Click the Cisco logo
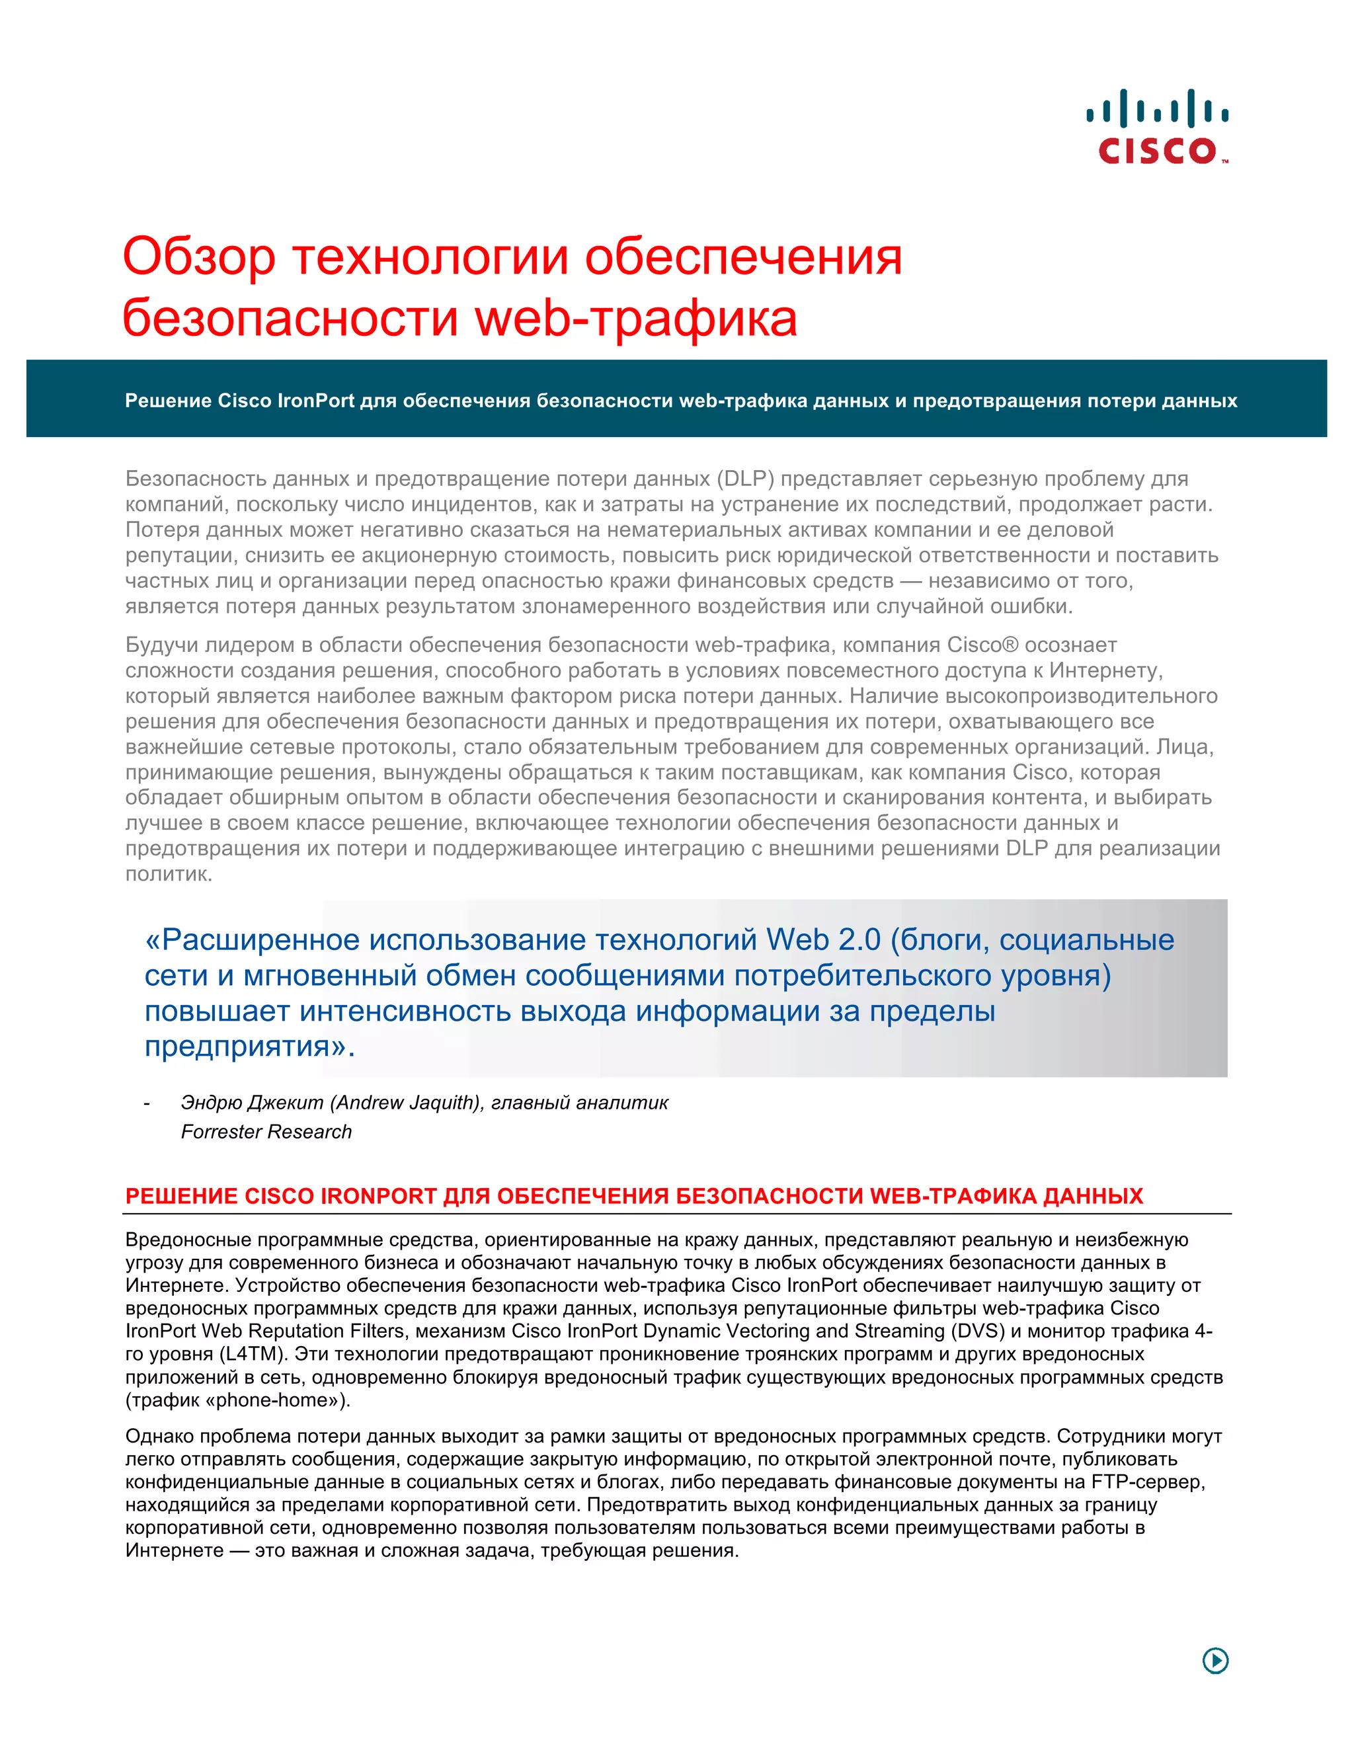[x=1157, y=127]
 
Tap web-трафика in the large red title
[x=636, y=317]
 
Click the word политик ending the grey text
[x=169, y=875]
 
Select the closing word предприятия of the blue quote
[x=249, y=1046]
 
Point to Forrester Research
[x=266, y=1132]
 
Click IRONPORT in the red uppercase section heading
[x=378, y=1196]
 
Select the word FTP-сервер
[x=1148, y=1482]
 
